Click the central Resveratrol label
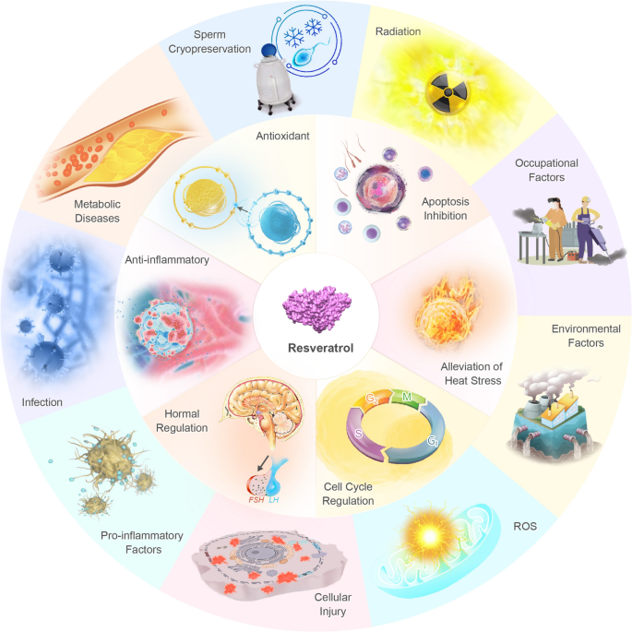(x=320, y=348)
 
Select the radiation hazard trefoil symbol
(x=447, y=92)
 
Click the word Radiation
(x=398, y=31)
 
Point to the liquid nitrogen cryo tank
(x=275, y=79)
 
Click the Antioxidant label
(x=282, y=136)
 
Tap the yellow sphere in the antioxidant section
(x=204, y=197)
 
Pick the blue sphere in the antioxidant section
(x=280, y=222)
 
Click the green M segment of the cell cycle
(x=409, y=398)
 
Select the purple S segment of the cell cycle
(x=360, y=434)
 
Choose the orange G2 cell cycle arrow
(x=372, y=400)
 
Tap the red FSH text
(x=256, y=500)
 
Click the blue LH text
(x=274, y=500)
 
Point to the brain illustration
(x=262, y=411)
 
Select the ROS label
(x=525, y=526)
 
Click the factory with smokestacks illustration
(x=553, y=415)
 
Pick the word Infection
(x=42, y=402)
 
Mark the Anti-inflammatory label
(x=167, y=259)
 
